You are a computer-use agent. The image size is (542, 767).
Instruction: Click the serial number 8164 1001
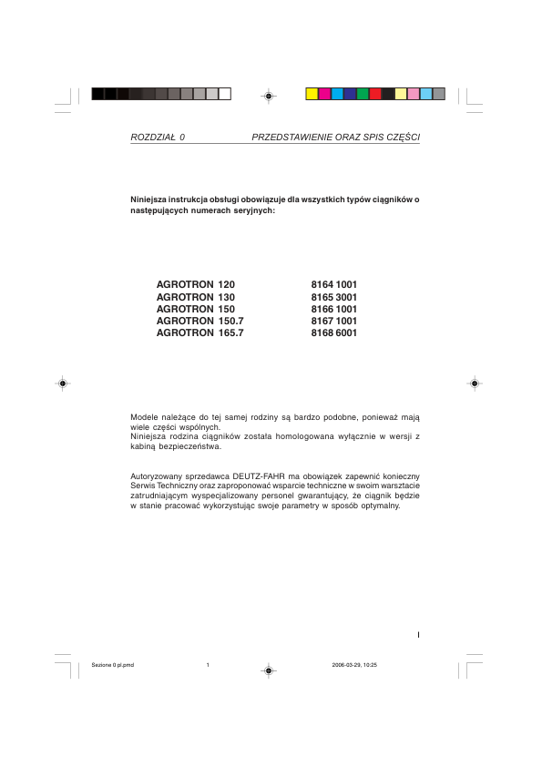334,285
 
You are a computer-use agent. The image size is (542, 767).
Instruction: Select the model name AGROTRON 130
196,297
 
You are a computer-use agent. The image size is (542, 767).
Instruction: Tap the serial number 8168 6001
334,333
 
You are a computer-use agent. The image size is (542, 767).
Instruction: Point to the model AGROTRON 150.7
200,322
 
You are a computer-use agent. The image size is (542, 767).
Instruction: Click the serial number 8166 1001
334,310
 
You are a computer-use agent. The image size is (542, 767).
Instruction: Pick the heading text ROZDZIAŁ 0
158,137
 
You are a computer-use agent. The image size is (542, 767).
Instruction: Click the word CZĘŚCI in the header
402,137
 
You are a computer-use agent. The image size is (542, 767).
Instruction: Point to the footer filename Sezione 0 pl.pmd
113,665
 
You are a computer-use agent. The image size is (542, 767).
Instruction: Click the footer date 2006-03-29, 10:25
355,665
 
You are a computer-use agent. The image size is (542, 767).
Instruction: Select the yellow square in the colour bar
312,94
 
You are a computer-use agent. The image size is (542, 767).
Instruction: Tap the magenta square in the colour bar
324,94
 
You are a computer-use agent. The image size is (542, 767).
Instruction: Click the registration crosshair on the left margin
61,383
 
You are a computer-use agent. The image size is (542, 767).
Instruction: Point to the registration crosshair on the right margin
475,383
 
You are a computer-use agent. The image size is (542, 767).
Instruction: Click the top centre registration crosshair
268,94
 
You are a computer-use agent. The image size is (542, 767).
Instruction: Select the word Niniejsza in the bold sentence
151,199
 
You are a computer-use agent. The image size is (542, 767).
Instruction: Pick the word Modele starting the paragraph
147,416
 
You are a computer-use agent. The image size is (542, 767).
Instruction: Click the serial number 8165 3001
334,297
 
